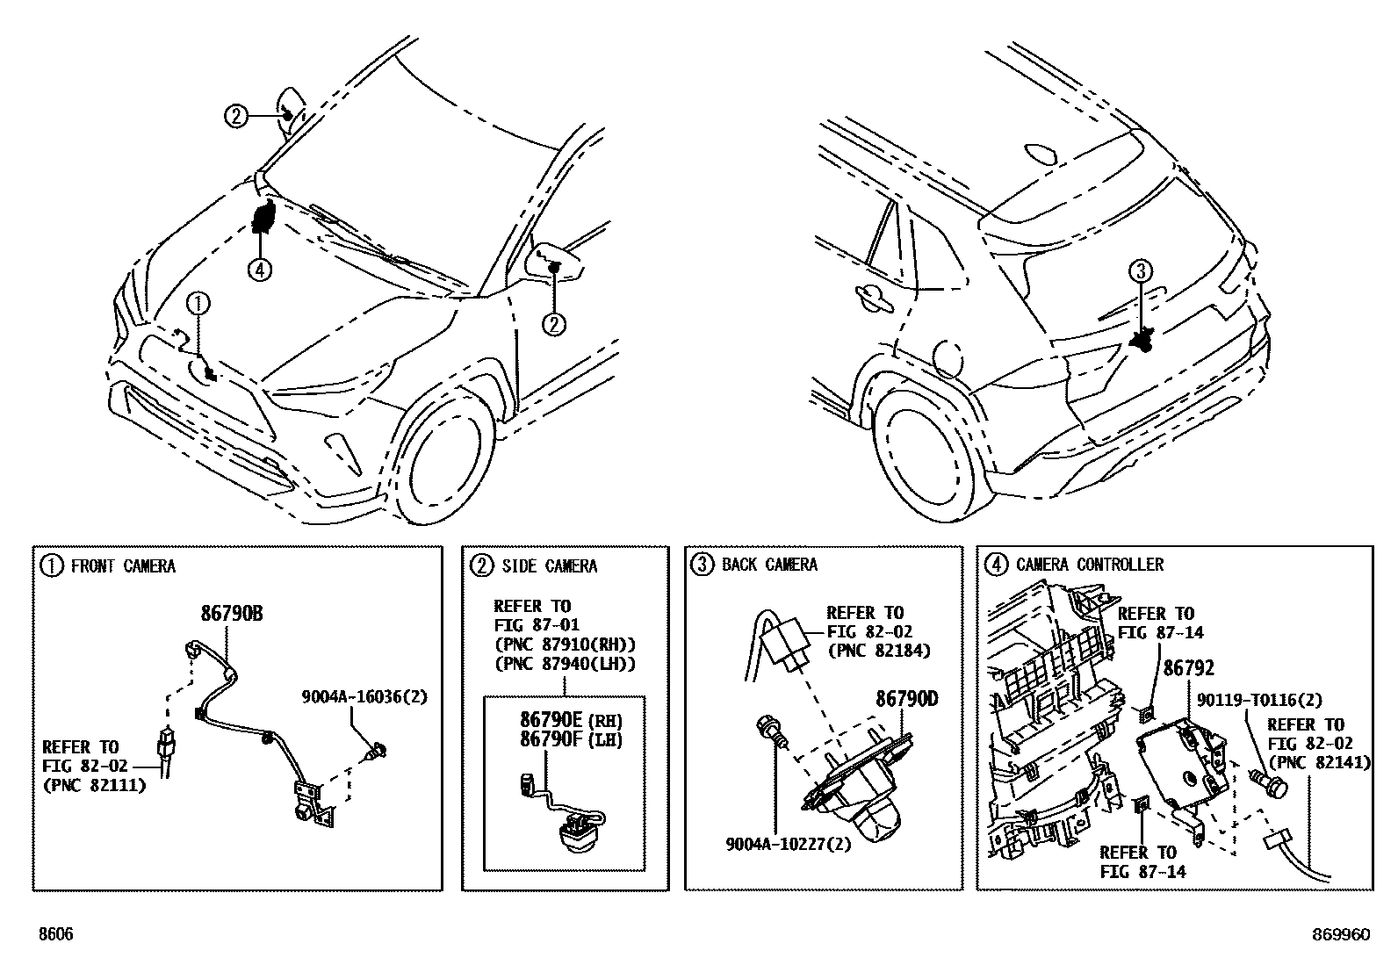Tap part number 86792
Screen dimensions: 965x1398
point(1188,668)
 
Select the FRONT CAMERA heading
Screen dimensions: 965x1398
point(122,566)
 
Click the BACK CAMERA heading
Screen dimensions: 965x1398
point(769,565)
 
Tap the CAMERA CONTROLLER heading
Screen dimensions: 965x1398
point(1089,565)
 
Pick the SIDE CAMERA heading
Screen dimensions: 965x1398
point(549,566)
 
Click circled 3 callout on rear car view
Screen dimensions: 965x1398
point(1140,272)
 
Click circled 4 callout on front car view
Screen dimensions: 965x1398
point(259,270)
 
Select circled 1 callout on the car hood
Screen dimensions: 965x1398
point(199,304)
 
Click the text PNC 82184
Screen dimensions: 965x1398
point(878,651)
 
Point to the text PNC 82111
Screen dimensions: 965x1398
point(94,785)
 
